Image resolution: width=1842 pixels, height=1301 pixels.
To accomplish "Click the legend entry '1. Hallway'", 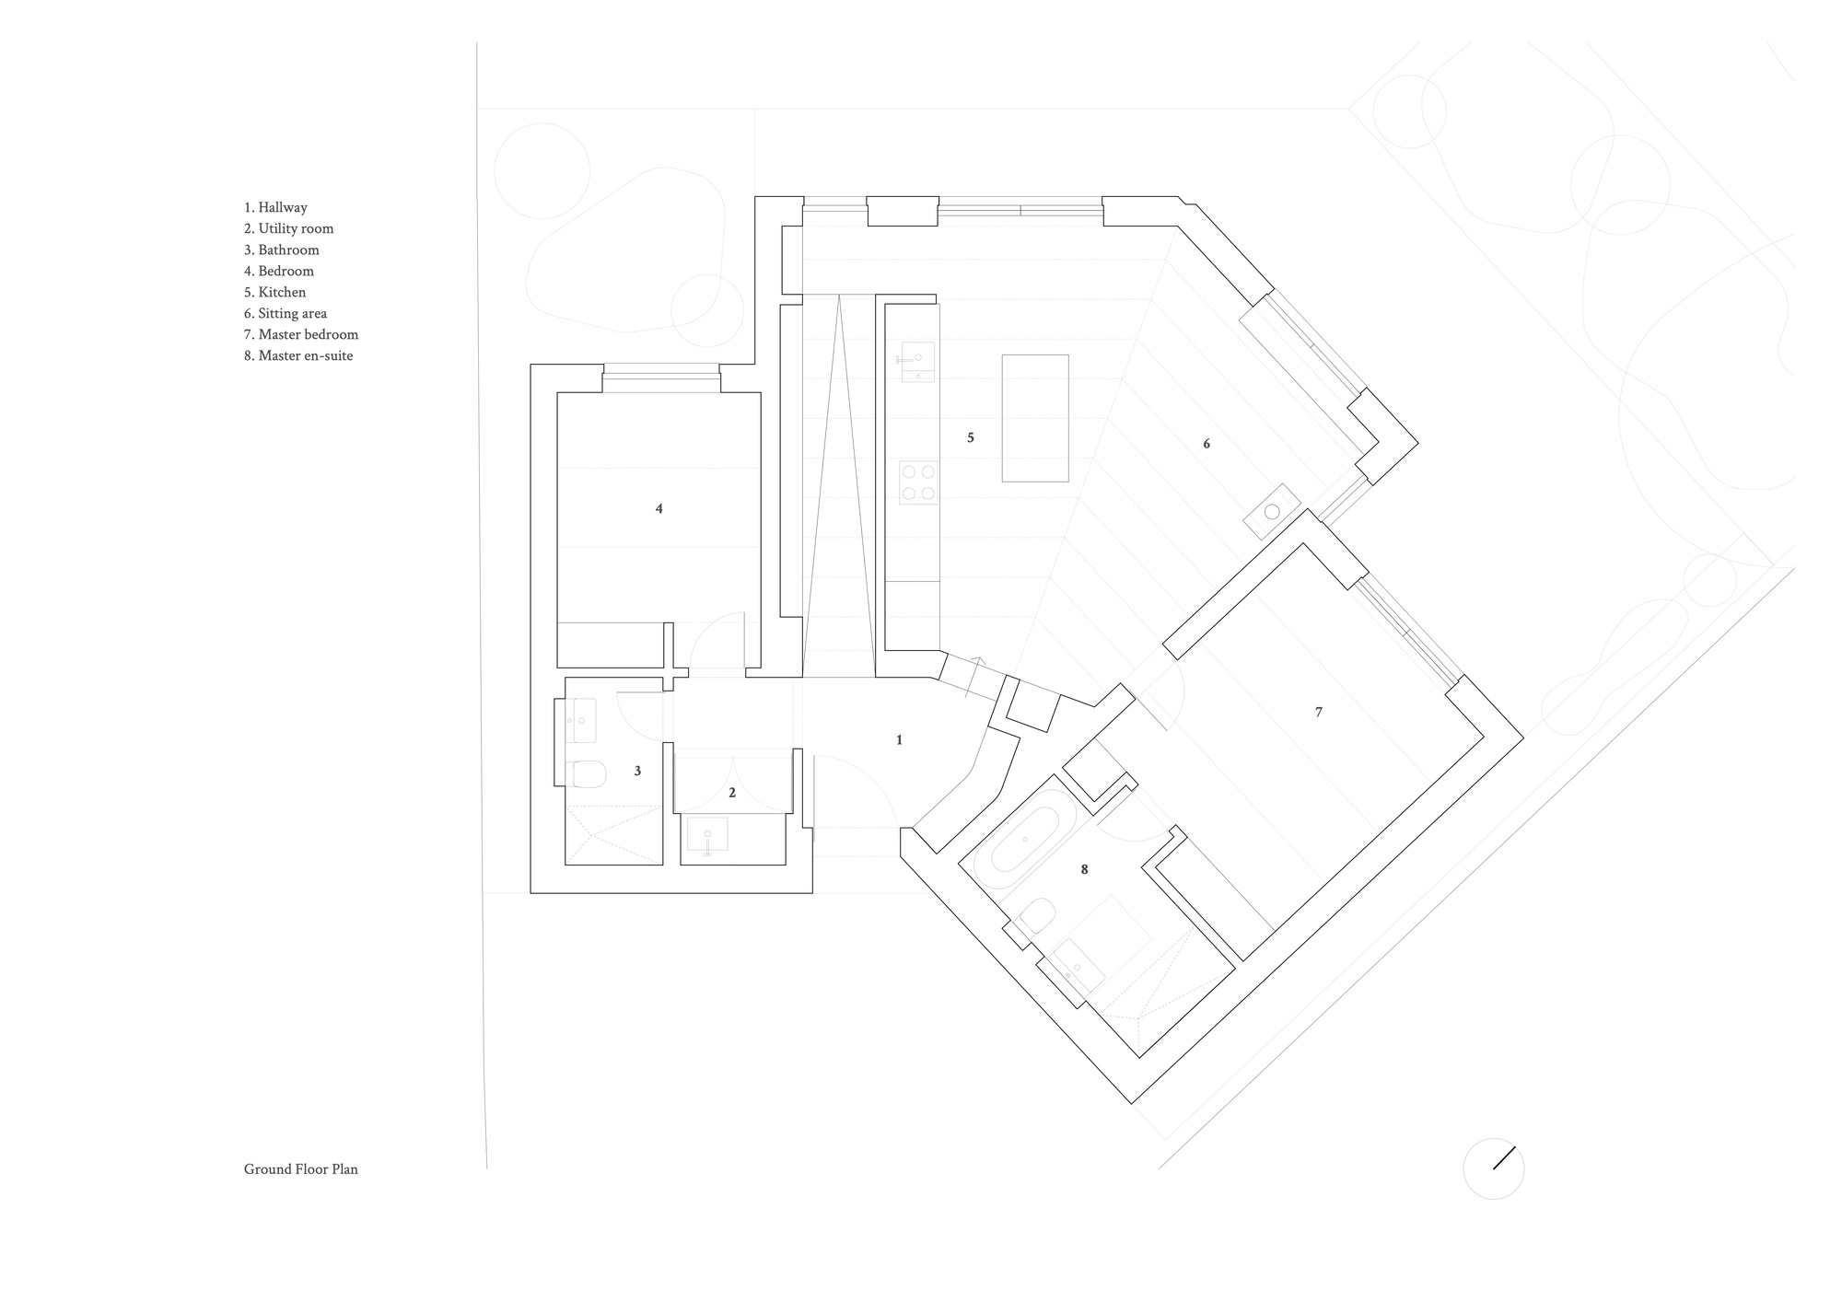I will [275, 208].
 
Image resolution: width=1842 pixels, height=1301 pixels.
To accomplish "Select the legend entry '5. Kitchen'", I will [274, 293].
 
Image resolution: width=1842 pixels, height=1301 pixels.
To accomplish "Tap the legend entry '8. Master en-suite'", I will [297, 356].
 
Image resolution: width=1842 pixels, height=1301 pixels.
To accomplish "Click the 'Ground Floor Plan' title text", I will [300, 1169].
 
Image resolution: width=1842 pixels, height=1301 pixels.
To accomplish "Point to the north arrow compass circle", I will [1493, 1169].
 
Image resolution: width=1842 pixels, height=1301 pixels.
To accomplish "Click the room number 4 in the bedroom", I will [659, 509].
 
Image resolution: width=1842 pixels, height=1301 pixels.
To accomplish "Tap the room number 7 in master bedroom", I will [1318, 713].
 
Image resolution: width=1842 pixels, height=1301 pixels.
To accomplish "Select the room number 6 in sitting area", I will [1207, 445].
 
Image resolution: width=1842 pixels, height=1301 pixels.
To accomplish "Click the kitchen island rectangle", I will [1035, 418].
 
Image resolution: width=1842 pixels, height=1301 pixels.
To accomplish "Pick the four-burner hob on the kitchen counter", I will [918, 482].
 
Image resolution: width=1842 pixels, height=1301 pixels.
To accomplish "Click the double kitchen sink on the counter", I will [916, 361].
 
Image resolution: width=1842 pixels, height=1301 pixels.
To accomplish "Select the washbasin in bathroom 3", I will [581, 721].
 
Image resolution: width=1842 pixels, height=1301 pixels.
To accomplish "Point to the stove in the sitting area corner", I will [1272, 512].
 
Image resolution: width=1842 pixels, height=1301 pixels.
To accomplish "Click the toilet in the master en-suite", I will [1039, 916].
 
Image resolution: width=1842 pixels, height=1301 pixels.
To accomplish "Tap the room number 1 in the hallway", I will [899, 740].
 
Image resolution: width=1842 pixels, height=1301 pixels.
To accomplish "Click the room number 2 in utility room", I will [732, 793].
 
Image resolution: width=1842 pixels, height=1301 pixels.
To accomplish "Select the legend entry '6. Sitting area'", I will [285, 314].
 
